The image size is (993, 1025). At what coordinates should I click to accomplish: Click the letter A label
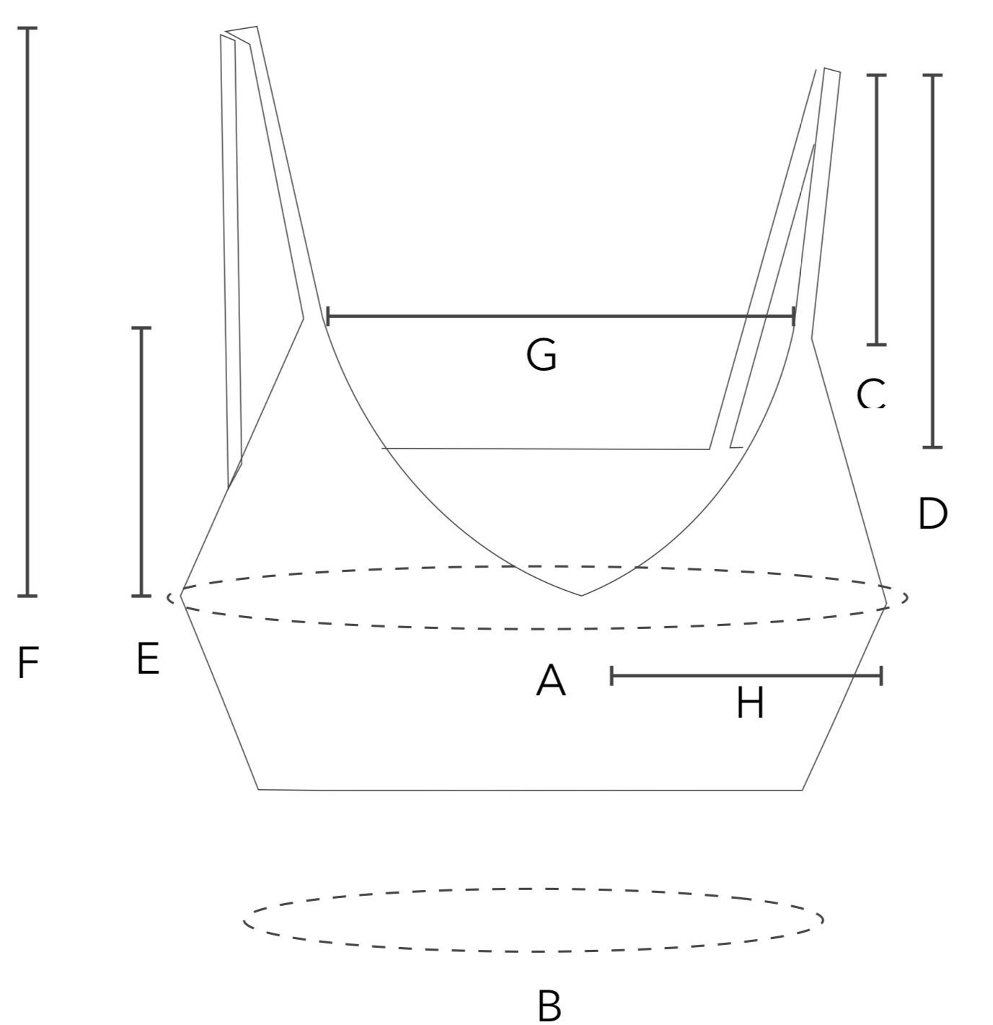click(x=551, y=681)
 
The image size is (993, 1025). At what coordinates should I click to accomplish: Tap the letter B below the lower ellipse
click(x=550, y=1006)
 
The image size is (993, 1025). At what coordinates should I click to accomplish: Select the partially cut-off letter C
click(x=870, y=395)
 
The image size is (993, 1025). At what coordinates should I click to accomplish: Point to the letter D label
click(x=932, y=514)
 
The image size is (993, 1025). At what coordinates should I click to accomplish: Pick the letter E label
click(x=148, y=659)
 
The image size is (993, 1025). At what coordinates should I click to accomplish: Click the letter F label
click(x=27, y=664)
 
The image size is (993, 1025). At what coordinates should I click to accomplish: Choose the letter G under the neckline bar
click(x=542, y=356)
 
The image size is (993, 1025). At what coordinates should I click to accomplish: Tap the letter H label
click(x=750, y=703)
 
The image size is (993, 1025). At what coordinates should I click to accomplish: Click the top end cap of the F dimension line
click(x=27, y=28)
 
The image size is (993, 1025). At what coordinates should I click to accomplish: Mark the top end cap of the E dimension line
click(x=141, y=328)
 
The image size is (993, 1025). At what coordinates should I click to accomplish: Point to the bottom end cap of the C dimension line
click(x=876, y=345)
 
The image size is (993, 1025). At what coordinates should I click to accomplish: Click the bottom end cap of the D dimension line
click(x=932, y=447)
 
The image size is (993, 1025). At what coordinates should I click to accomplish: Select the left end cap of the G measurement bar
click(x=328, y=316)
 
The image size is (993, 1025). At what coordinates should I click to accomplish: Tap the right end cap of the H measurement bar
click(x=881, y=676)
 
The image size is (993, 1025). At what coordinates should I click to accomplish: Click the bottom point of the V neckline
click(x=581, y=595)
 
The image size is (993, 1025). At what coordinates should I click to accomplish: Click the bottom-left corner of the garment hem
click(x=259, y=789)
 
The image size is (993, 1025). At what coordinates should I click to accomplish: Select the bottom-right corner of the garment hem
click(x=802, y=790)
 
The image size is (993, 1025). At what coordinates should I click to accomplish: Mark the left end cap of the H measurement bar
click(x=612, y=676)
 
